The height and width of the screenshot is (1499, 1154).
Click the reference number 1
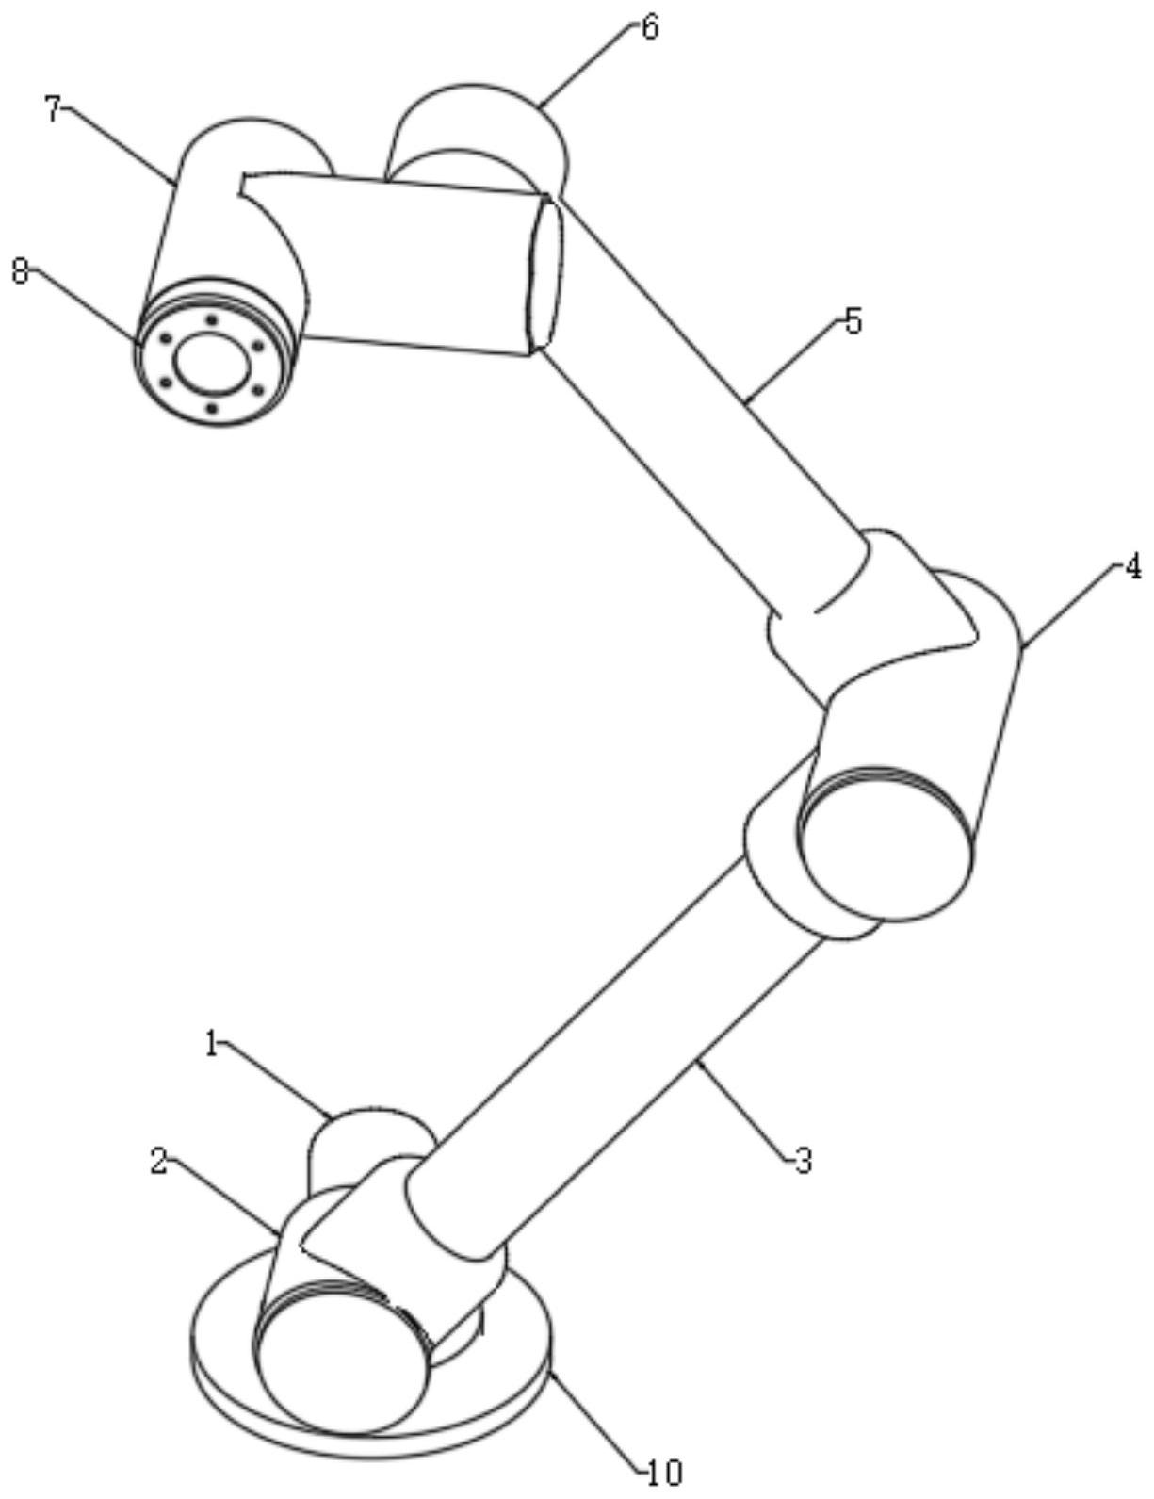pos(213,1045)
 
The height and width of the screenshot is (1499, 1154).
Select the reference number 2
pos(159,1161)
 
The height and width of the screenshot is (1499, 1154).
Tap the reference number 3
pos(802,1162)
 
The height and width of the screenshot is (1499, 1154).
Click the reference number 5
pos(852,321)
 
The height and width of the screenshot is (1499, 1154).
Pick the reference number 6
pos(649,26)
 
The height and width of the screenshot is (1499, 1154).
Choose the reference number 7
pos(54,110)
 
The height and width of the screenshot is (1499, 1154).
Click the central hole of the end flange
pos(214,363)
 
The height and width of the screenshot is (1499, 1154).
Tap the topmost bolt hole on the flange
pos(211,320)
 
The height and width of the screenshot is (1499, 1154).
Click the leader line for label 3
pos(745,1110)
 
